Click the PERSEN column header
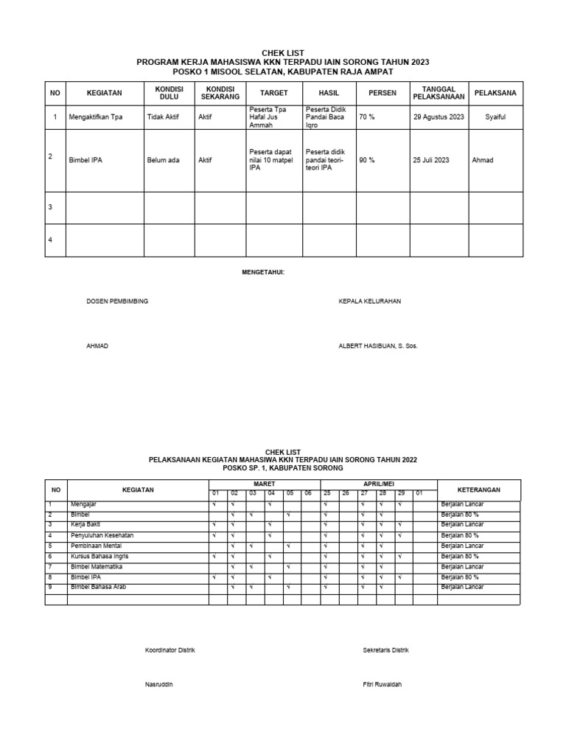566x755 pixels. coord(382,94)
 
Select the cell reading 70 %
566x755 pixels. coord(367,117)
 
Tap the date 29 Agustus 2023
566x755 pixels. coord(439,117)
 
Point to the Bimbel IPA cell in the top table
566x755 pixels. coord(85,160)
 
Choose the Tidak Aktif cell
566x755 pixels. coord(164,117)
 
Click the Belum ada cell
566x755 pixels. coord(163,160)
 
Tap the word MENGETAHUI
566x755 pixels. coord(263,273)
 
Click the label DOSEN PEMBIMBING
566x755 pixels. coord(117,302)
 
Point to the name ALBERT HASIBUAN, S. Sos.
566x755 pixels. coord(377,346)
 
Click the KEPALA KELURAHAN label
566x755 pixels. coord(369,302)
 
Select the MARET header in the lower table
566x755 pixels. coord(263,484)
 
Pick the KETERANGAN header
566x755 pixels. coord(478,489)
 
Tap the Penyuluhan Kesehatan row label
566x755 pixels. coord(102,535)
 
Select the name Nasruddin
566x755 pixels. coord(159,684)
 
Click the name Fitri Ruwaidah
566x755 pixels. coord(382,684)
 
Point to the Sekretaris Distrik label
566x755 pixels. coord(385,650)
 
